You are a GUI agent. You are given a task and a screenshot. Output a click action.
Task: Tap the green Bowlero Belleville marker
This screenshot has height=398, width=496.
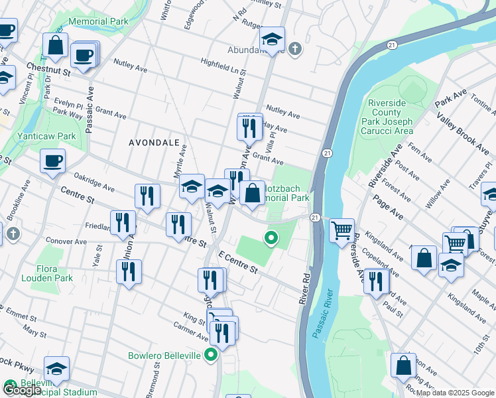[211, 356]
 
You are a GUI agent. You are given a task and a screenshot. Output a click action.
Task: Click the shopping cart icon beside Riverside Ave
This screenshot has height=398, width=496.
[341, 232]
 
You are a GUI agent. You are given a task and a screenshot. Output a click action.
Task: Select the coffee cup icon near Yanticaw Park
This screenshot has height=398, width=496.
[52, 160]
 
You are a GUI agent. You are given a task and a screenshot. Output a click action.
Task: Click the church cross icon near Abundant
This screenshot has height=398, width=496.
[295, 48]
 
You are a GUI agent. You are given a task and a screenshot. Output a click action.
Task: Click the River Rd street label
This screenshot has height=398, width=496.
[305, 285]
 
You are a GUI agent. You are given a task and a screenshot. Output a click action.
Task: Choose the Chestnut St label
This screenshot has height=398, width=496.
[48, 68]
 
